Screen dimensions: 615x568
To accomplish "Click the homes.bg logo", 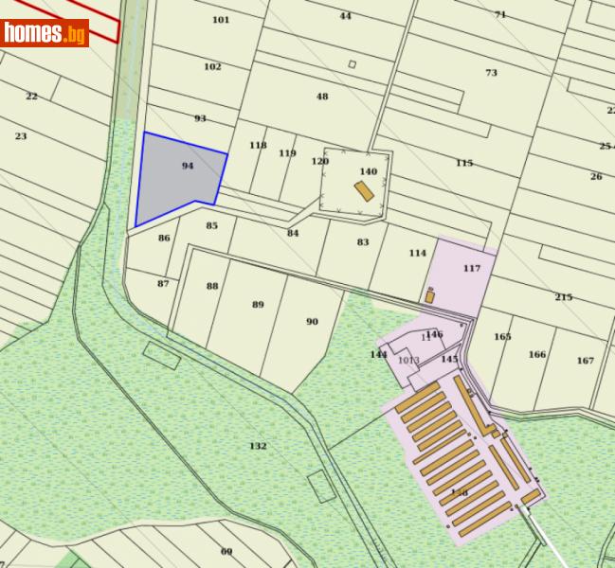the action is pos(45,33).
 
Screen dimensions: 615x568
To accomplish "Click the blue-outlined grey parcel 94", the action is pos(180,177).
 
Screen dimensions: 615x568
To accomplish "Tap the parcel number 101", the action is pos(221,20).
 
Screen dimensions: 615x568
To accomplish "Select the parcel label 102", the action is pos(212,67).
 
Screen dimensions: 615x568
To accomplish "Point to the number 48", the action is pos(322,97).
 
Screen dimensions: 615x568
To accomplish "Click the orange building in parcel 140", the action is pos(364,191).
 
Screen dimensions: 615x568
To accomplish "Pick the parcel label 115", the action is pos(463,164).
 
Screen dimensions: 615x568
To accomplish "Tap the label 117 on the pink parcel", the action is pos(472,269).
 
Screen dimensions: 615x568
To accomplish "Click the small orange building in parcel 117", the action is pos(429,296).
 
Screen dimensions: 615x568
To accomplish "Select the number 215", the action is pos(564,297).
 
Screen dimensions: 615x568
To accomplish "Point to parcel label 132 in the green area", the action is pos(258,446).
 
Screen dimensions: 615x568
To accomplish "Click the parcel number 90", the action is pos(312,322).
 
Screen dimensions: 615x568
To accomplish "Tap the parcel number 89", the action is pos(258,305).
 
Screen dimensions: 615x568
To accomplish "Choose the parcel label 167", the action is pos(585,361).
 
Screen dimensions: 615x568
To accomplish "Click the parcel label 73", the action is pos(491,73).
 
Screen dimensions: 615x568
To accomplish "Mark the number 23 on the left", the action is pos(21,136).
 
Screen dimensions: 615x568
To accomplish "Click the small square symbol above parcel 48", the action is pos(352,64).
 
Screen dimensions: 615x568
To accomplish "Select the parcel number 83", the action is pos(363,242).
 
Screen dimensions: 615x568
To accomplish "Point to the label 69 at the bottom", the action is pos(226,551).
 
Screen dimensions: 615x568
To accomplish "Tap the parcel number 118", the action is pos(258,146).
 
